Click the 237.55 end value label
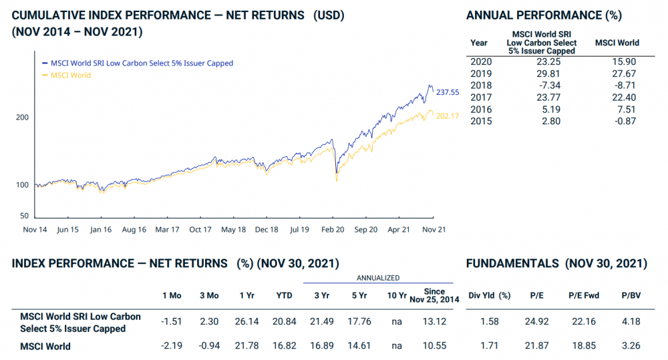pyautogui.click(x=448, y=92)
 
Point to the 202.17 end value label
pyautogui.click(x=448, y=116)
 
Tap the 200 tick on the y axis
pyautogui.click(x=22, y=117)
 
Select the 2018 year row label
pyautogui.click(x=481, y=85)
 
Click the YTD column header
pyautogui.click(x=283, y=295)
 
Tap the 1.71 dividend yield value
pyautogui.click(x=490, y=346)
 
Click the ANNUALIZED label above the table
pyautogui.click(x=377, y=277)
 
